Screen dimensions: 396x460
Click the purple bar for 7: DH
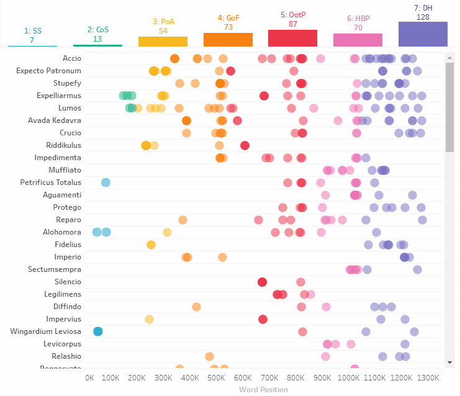click(423, 34)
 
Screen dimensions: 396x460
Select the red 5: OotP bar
click(292, 38)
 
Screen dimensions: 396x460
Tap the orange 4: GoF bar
click(228, 40)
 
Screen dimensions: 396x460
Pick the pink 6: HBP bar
click(358, 40)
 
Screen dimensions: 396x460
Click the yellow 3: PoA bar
click(163, 42)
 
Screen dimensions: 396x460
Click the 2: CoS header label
click(97, 30)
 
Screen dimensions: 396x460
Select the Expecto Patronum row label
click(48, 71)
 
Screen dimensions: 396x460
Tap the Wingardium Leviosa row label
click(45, 331)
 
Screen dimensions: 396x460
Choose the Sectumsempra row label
click(55, 269)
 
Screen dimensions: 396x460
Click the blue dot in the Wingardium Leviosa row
click(97, 331)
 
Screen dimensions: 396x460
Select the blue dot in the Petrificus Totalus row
click(106, 182)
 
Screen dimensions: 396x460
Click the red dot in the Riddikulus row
click(245, 145)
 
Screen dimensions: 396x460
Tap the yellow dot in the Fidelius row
click(151, 245)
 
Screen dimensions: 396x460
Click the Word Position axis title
click(263, 390)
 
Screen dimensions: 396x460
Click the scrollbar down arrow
click(449, 361)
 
